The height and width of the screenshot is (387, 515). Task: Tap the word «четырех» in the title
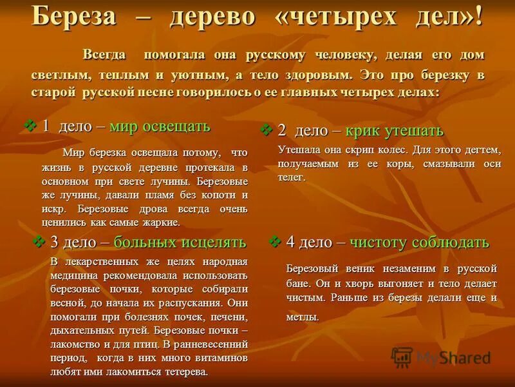tap(329, 17)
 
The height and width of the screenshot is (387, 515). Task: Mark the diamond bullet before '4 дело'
tap(276, 242)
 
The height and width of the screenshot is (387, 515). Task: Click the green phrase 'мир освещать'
tap(160, 126)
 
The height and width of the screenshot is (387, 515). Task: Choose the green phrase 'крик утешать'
tap(394, 131)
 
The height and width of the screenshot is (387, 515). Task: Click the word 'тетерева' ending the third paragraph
tap(185, 372)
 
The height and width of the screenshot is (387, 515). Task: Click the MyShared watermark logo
tap(441, 357)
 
